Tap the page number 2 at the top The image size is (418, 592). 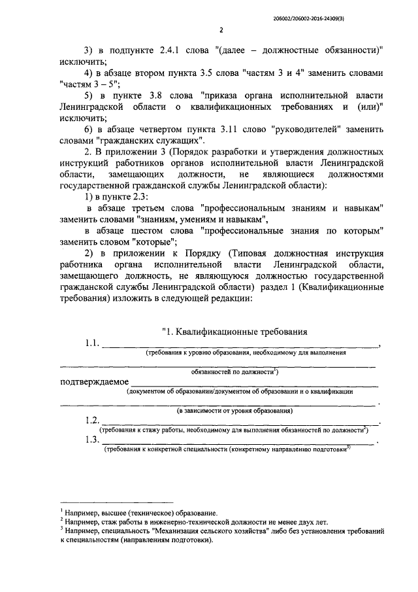pyautogui.click(x=221, y=31)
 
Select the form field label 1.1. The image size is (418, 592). pyautogui.click(x=92, y=344)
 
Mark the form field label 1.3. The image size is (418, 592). pyautogui.click(x=92, y=440)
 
